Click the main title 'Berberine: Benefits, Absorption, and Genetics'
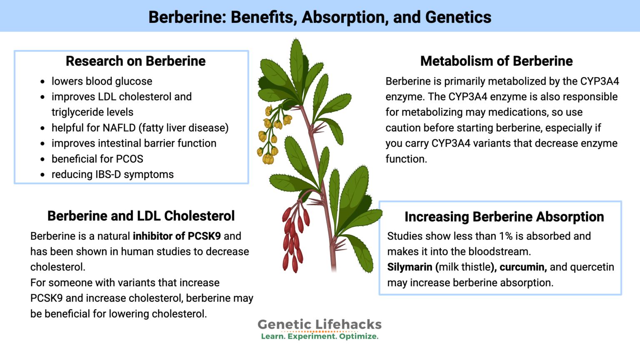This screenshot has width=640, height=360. (x=320, y=17)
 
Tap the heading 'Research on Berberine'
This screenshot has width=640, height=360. (x=135, y=61)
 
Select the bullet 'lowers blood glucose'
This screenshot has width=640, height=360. (x=102, y=81)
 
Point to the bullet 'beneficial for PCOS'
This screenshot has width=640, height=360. (x=97, y=159)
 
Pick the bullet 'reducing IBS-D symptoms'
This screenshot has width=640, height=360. (x=112, y=175)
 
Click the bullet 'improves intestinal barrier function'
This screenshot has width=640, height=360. (x=134, y=143)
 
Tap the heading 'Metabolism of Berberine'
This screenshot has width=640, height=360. (x=496, y=61)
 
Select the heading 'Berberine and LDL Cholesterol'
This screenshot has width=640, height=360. (x=141, y=216)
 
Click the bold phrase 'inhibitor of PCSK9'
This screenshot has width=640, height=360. (x=177, y=236)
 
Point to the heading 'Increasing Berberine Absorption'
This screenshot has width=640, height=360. (x=504, y=217)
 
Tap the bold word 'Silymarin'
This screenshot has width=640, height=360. (x=410, y=267)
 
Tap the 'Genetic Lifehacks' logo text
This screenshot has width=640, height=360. (x=320, y=324)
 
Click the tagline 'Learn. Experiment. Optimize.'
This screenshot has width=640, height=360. (x=320, y=336)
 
